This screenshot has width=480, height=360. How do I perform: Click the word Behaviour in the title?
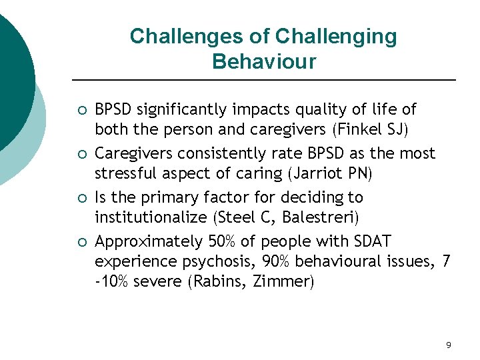click(x=263, y=62)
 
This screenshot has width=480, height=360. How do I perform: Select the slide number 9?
click(x=448, y=345)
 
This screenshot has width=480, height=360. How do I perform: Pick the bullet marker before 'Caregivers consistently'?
click(x=81, y=154)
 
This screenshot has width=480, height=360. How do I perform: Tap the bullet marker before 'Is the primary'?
click(x=81, y=198)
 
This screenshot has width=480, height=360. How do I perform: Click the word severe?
click(x=159, y=281)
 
